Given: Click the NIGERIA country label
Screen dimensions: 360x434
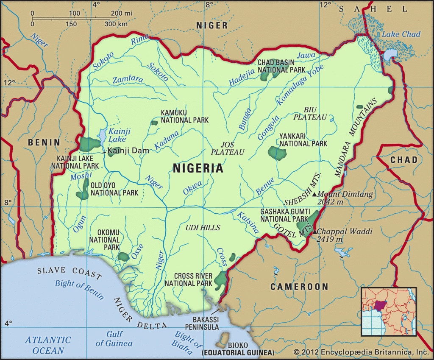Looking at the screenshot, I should [198, 168].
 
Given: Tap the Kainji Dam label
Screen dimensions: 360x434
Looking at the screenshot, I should [125, 151].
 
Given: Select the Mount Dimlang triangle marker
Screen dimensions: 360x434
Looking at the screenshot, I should [314, 194].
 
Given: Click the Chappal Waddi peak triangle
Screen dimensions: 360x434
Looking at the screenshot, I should [314, 232].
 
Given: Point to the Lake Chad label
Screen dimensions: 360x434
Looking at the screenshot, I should [401, 34].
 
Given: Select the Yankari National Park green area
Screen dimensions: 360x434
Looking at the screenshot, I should [276, 153].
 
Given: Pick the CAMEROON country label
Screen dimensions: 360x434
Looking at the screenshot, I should [299, 287].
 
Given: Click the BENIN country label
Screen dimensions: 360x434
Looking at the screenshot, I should [44, 142].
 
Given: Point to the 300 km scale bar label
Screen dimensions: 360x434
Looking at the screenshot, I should [116, 24].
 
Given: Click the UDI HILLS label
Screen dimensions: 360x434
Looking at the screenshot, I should [203, 228].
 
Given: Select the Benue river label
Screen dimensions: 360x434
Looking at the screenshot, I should [265, 186].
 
